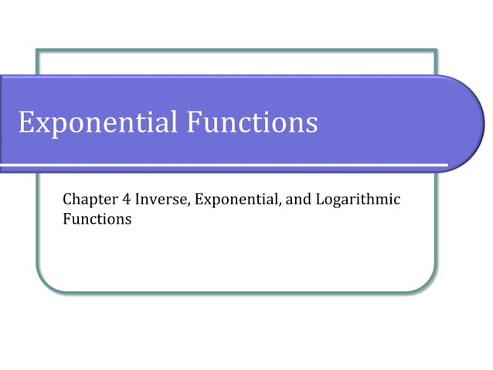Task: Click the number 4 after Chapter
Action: pyautogui.click(x=124, y=199)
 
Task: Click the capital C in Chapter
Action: pyautogui.click(x=67, y=199)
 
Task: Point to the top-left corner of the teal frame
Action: pyautogui.click(x=37, y=51)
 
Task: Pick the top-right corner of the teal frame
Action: pyautogui.click(x=436, y=51)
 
